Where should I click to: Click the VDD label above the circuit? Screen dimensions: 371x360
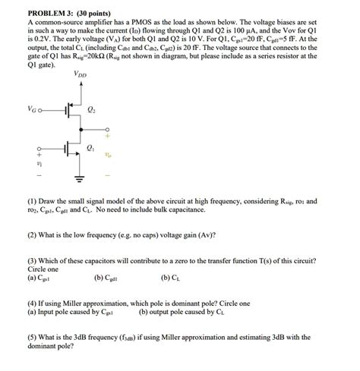click(80, 74)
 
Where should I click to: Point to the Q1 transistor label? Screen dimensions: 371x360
click(92, 147)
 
